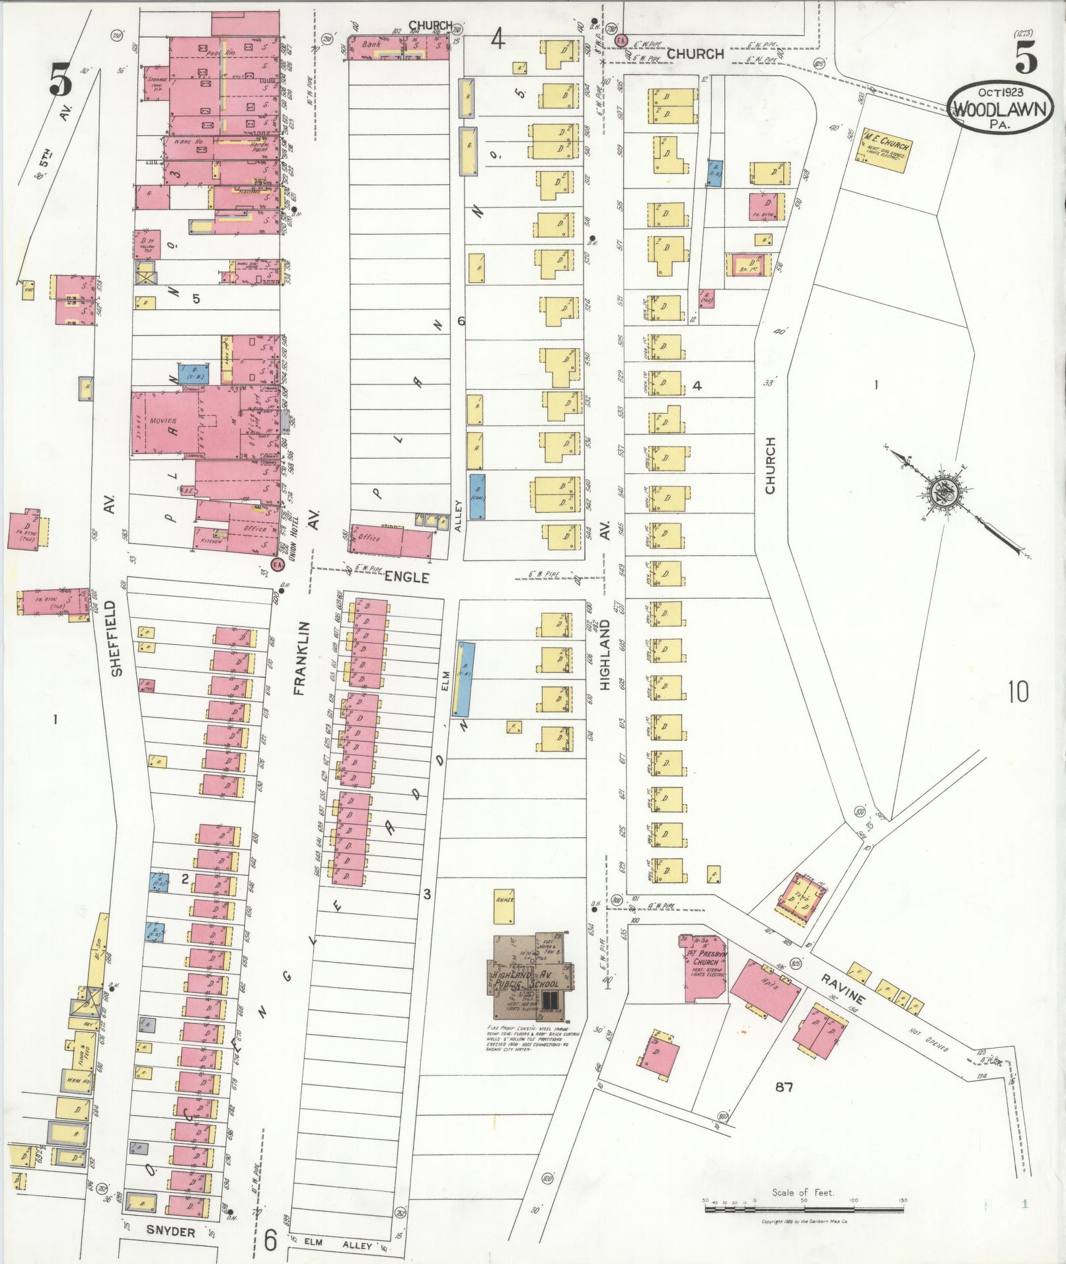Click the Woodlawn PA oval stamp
1000,108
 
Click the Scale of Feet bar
804,1209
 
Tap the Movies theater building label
163,421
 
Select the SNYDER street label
171,1232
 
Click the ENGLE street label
407,577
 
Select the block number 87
784,1086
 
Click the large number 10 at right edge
1018,692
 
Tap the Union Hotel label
288,534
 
